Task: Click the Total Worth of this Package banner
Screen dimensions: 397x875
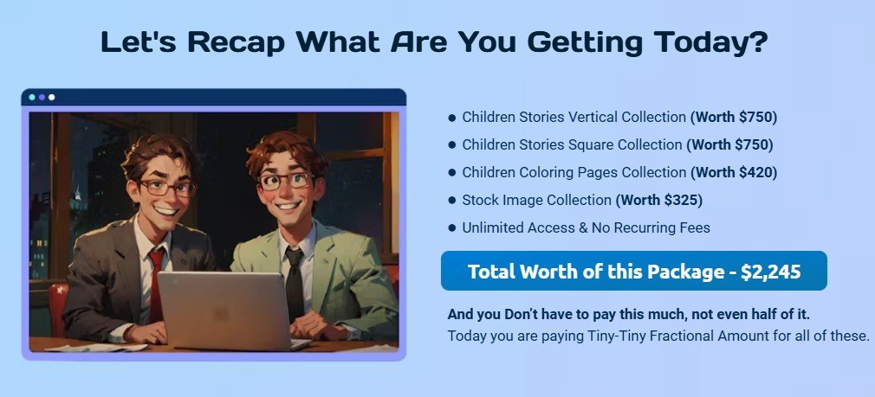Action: (633, 272)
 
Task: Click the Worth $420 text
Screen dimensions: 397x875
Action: (734, 172)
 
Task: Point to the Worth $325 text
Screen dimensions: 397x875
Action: (659, 200)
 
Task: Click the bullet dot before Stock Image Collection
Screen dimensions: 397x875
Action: (452, 201)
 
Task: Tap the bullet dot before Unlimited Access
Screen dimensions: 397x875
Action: (452, 228)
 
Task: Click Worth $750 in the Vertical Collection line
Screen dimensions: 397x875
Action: (734, 117)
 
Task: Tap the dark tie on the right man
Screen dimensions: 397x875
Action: (295, 281)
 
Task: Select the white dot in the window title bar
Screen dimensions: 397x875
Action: (52, 97)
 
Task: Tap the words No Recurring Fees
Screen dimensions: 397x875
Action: (654, 227)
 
